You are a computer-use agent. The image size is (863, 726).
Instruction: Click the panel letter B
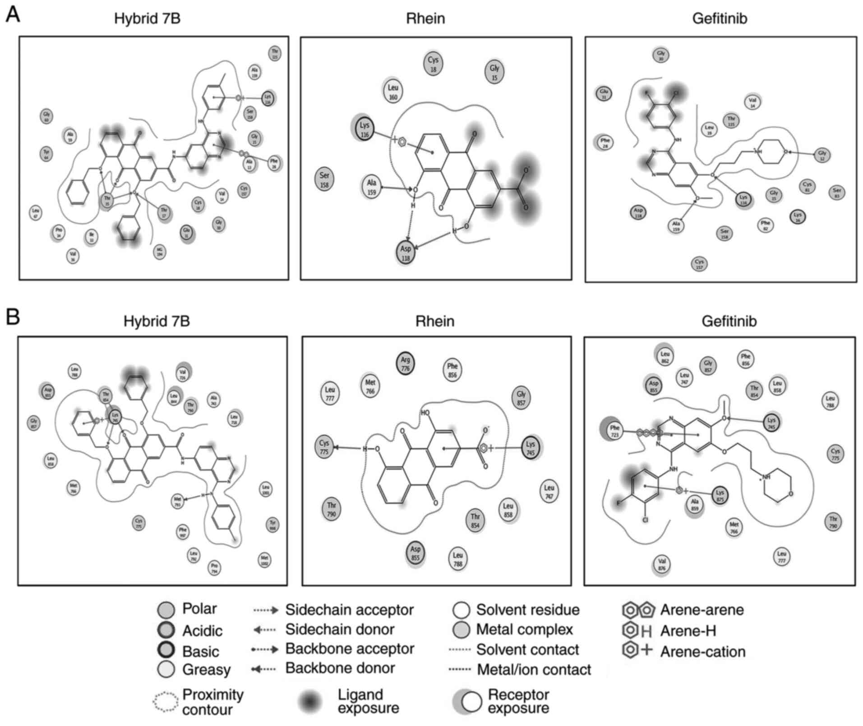click(13, 317)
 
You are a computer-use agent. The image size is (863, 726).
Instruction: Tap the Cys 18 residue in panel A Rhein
click(433, 64)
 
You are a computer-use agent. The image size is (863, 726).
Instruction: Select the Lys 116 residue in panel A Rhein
click(365, 130)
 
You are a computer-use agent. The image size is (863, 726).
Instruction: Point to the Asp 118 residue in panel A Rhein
click(406, 253)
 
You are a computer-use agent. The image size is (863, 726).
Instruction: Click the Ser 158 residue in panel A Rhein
click(324, 179)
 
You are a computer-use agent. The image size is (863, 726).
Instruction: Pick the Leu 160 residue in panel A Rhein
click(393, 92)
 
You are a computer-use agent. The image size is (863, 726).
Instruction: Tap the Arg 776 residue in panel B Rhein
click(405, 364)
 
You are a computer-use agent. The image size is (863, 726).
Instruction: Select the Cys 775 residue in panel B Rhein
click(324, 447)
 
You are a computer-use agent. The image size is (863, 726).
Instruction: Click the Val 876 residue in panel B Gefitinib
click(662, 564)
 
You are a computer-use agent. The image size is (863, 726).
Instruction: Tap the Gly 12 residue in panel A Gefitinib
click(822, 156)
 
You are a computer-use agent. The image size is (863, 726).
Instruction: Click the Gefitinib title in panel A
click(720, 18)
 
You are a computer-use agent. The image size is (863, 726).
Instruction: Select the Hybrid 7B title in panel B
click(157, 321)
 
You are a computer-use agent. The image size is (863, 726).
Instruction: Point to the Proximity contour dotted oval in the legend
click(166, 701)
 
